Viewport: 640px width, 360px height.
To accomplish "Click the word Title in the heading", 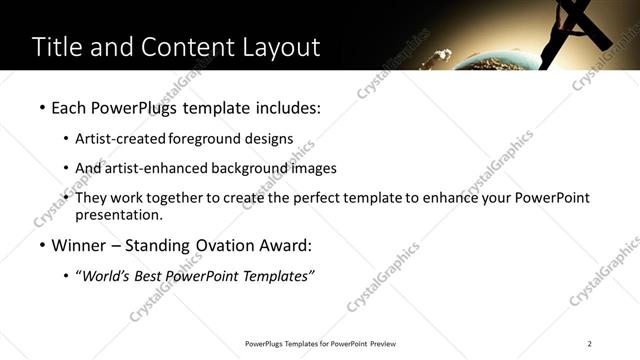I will coord(57,47).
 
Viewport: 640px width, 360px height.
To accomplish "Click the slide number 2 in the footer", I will coord(590,343).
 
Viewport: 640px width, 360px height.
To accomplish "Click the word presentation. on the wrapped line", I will coord(117,214).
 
